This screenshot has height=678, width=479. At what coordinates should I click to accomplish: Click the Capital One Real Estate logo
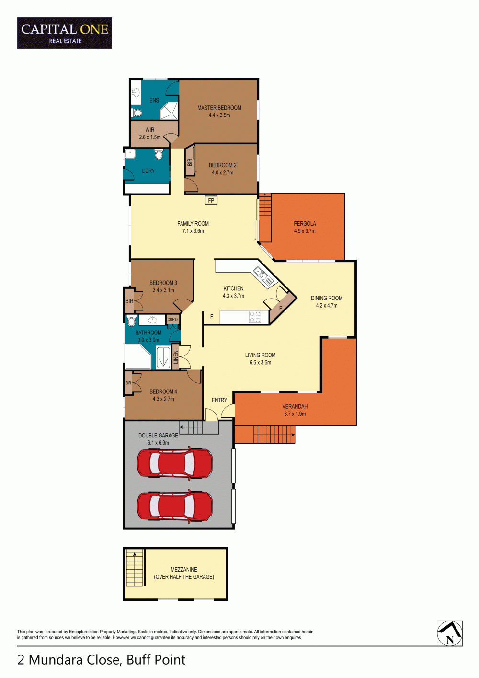65,33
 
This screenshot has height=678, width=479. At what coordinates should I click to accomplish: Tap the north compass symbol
450,633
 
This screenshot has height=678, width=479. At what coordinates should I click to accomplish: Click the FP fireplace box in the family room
211,200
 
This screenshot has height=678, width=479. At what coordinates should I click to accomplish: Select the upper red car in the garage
174,463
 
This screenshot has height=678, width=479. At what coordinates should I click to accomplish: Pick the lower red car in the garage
174,506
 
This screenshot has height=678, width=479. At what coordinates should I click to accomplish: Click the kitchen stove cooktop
255,317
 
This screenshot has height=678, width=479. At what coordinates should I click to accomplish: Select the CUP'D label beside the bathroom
172,319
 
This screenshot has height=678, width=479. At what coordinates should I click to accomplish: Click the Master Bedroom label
219,108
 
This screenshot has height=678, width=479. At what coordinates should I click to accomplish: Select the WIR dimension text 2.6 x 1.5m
149,138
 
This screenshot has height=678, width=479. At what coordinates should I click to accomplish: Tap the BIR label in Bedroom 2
190,163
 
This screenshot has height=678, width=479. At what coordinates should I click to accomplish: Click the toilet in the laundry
159,154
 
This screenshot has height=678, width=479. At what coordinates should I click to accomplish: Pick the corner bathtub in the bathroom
138,356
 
